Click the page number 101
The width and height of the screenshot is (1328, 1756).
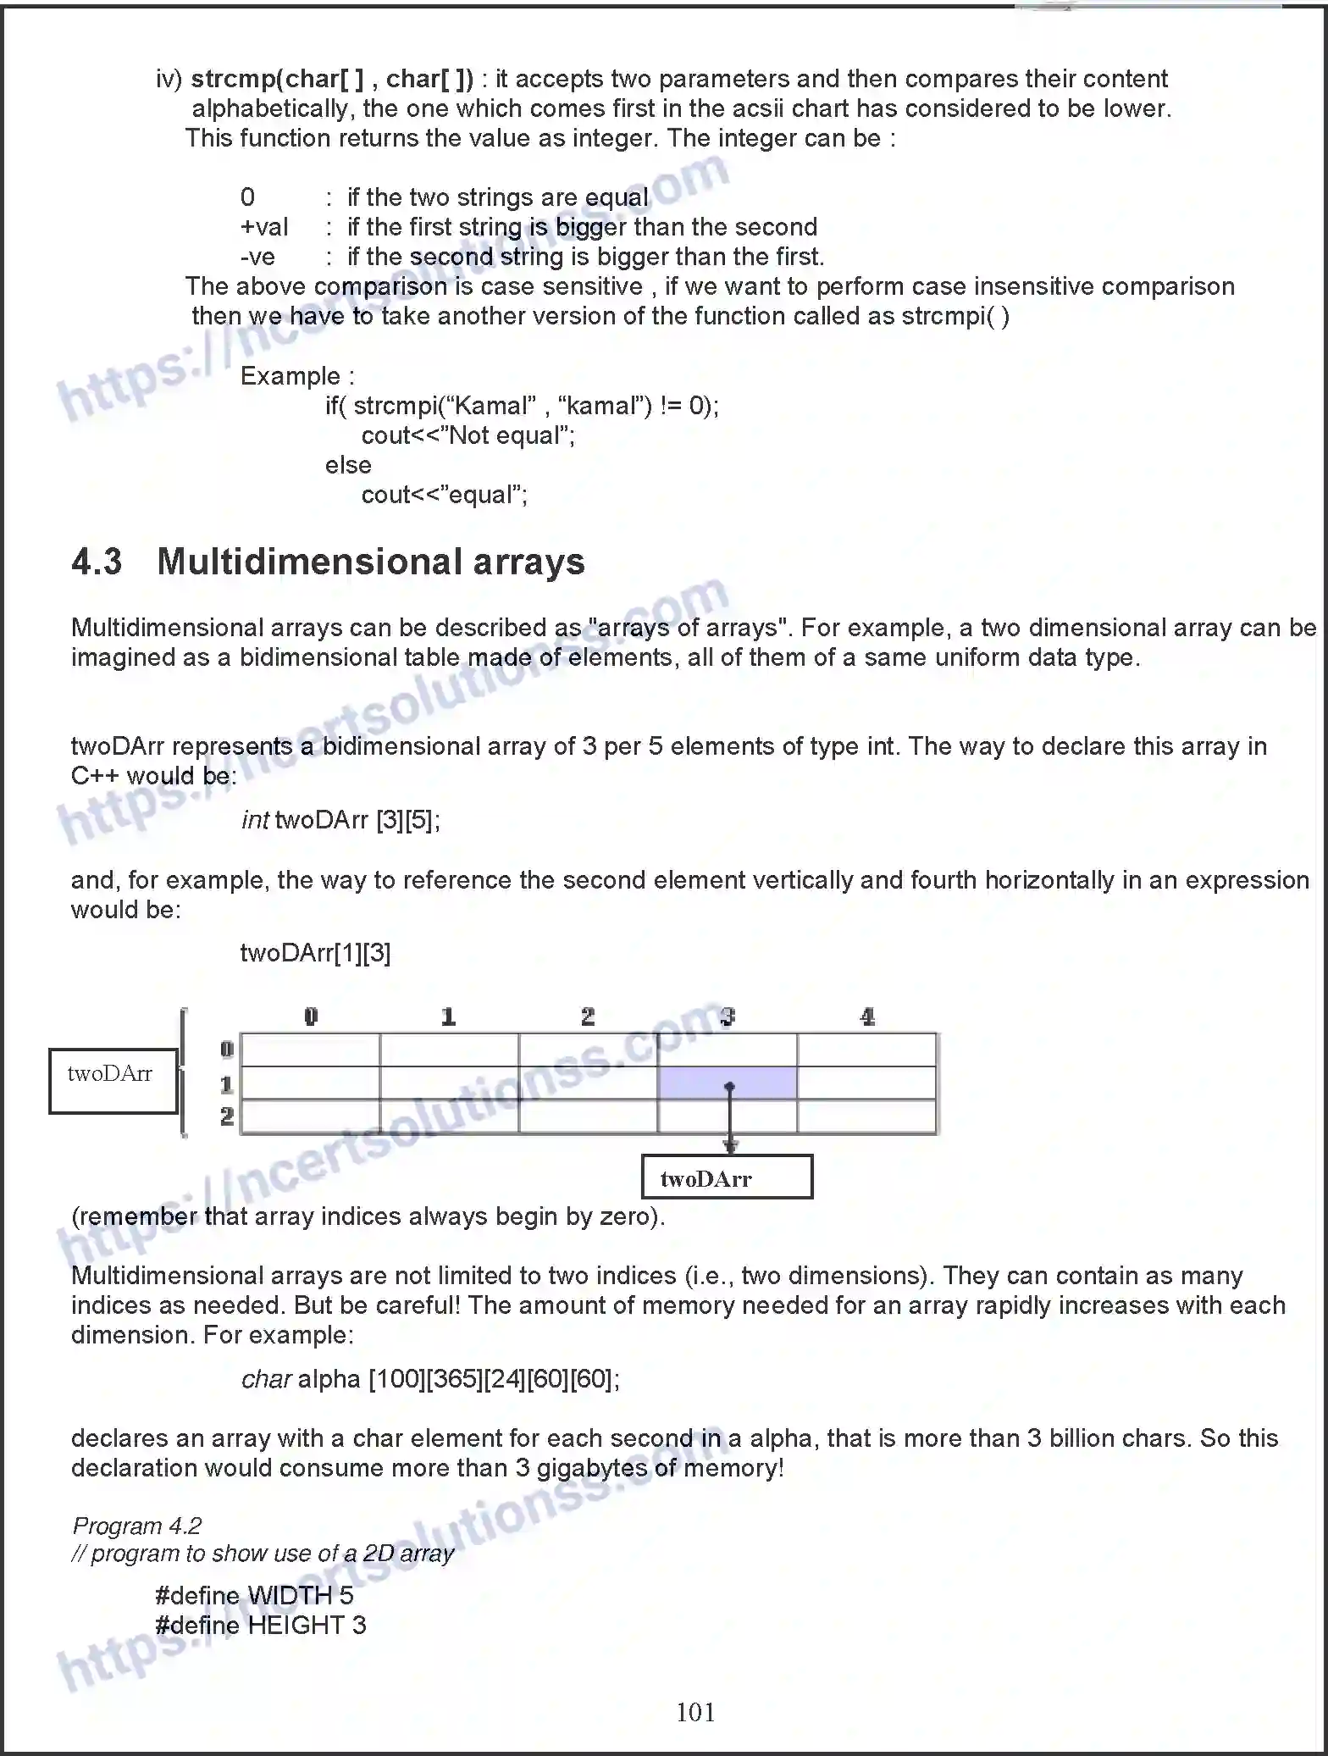coord(694,1712)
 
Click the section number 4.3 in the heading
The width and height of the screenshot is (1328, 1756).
coord(97,562)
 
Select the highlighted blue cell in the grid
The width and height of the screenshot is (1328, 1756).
coord(727,1083)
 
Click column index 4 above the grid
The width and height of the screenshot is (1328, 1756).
coord(866,1016)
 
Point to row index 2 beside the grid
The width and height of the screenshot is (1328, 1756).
coord(226,1116)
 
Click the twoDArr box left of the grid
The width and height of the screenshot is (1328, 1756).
coord(113,1080)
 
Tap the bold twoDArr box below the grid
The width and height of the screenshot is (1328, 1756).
coord(727,1177)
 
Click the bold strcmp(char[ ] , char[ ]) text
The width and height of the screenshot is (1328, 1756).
coord(332,79)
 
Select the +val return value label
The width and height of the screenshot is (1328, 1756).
coord(264,227)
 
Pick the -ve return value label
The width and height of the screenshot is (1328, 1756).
coord(257,257)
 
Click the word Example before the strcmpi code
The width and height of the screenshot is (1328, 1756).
coord(290,375)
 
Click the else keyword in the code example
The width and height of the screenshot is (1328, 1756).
coord(348,464)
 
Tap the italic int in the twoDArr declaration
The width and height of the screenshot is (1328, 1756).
coord(255,819)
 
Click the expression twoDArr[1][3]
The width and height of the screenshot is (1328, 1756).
coord(315,953)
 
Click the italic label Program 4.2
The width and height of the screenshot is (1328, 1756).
coord(137,1526)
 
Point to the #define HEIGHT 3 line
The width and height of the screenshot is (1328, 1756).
coord(261,1625)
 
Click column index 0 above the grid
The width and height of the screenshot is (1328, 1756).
coord(311,1016)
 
